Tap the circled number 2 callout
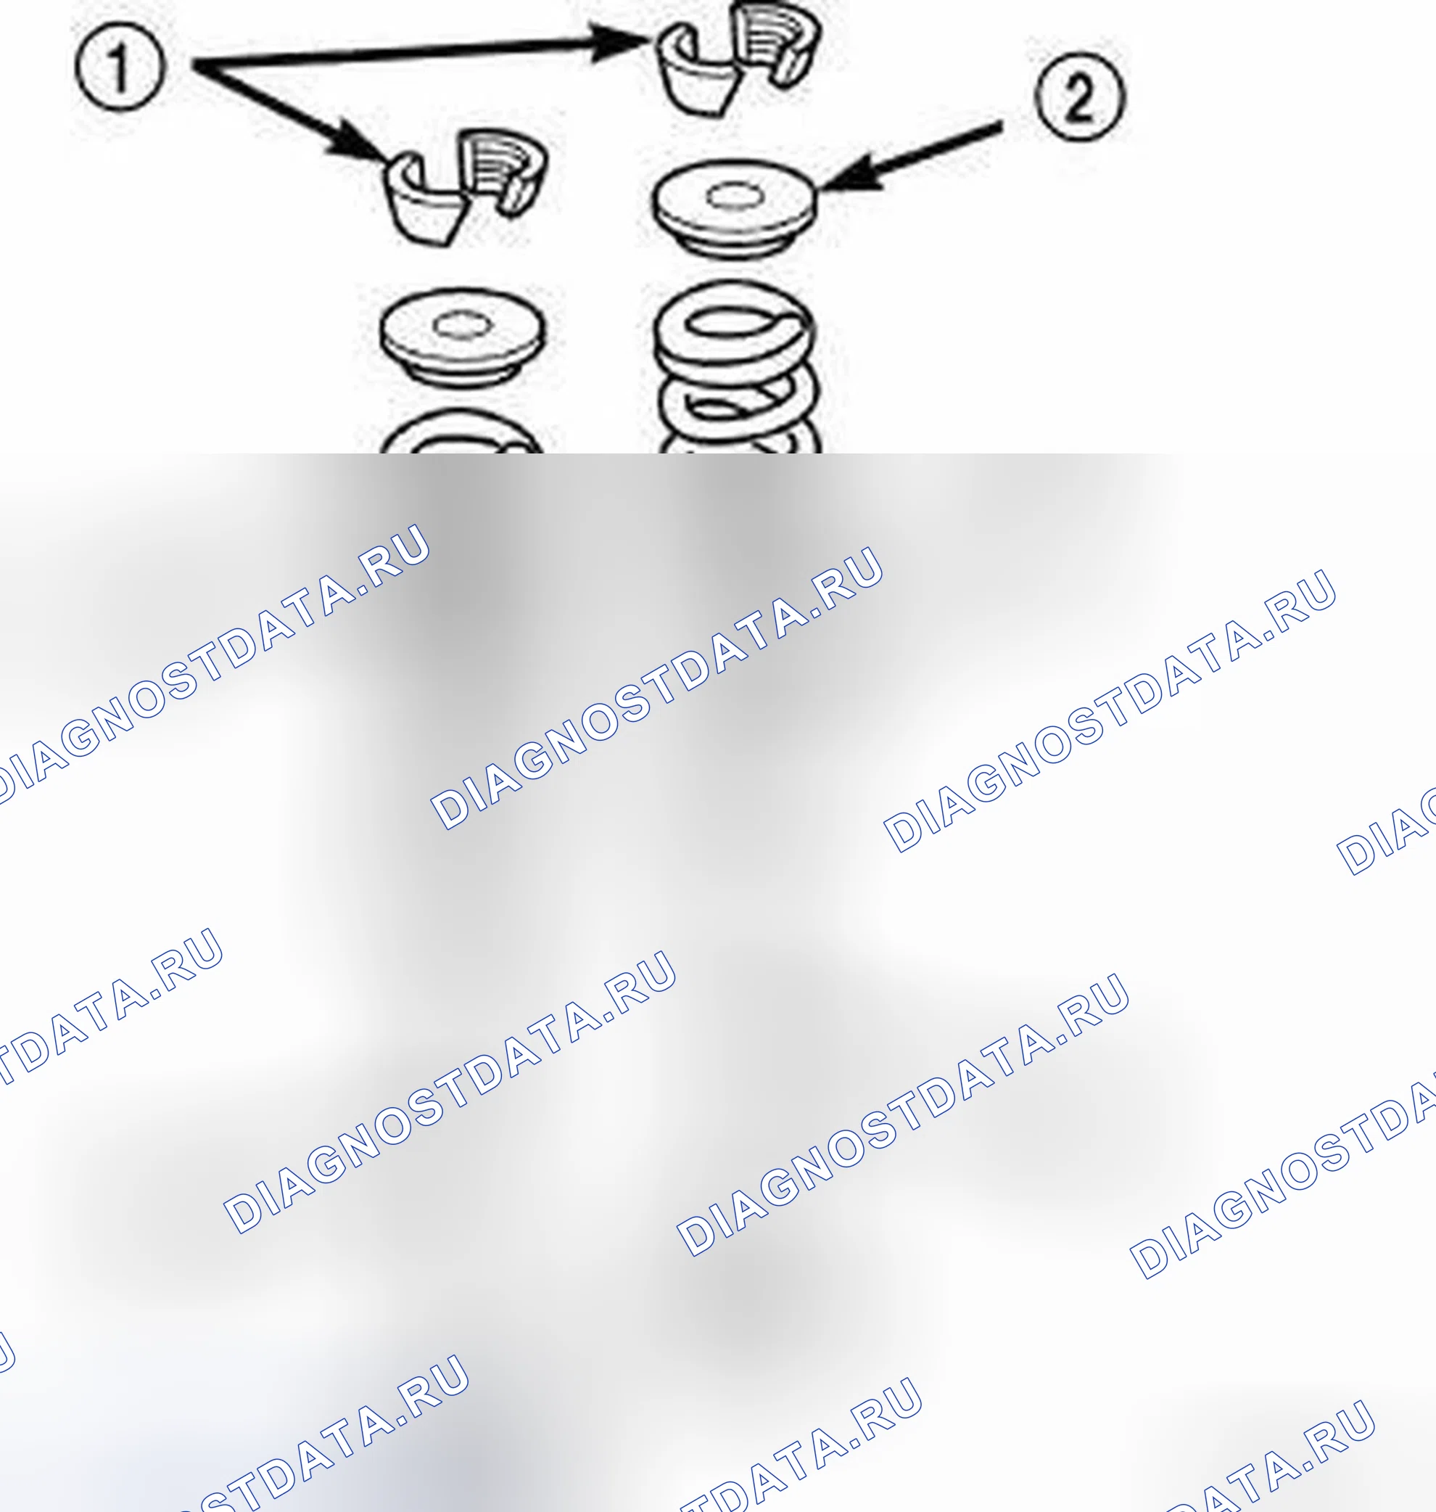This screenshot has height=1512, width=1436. click(x=1079, y=96)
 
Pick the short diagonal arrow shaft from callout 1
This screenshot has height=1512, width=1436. click(x=268, y=103)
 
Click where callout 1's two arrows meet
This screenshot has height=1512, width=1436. click(x=196, y=66)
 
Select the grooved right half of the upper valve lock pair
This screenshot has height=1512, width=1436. click(x=773, y=47)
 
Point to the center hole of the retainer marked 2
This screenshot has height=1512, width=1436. click(x=735, y=196)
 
